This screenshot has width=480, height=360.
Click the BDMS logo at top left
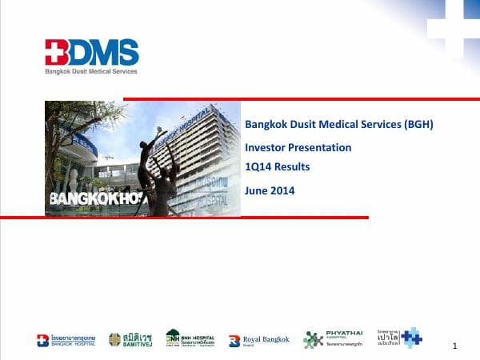click(x=91, y=53)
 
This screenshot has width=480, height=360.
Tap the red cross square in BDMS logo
click(x=56, y=51)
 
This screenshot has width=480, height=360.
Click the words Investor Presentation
click(x=298, y=147)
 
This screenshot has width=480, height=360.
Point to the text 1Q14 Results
click(x=277, y=166)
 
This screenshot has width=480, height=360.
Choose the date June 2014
click(x=270, y=190)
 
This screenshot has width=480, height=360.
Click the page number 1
click(x=454, y=346)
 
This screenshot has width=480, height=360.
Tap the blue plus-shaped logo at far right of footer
click(x=411, y=338)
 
